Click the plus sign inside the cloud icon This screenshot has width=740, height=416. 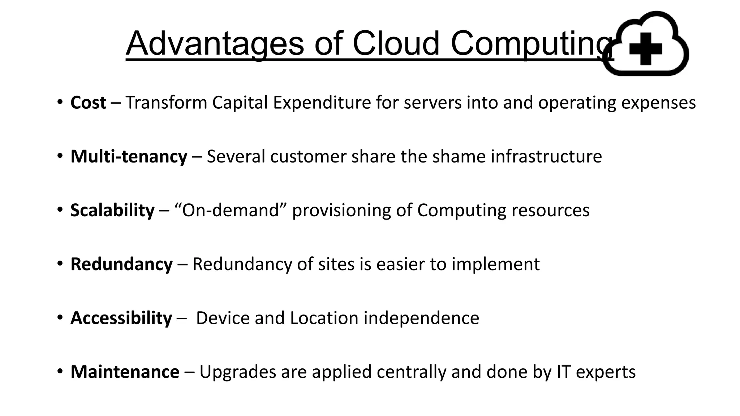point(645,49)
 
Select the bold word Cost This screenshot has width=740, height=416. point(88,103)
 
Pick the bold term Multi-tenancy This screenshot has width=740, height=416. point(129,157)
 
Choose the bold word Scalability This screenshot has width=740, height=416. point(112,211)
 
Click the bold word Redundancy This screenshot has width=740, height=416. point(121,264)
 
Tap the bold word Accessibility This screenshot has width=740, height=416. point(121,318)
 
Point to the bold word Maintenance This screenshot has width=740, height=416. point(125,372)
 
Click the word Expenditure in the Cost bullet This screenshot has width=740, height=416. point(322,103)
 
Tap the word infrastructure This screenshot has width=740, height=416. point(546,156)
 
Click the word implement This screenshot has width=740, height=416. point(495,264)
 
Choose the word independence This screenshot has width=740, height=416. point(421,318)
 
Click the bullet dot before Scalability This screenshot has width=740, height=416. point(60,210)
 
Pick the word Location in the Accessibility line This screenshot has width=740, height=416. point(324,318)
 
